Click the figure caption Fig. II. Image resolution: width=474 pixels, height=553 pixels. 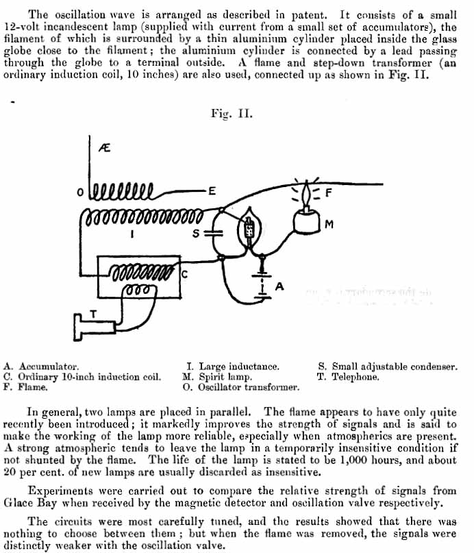click(x=232, y=114)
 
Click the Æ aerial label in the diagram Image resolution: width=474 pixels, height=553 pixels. click(x=104, y=147)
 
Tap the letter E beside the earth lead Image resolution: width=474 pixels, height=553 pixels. click(x=212, y=191)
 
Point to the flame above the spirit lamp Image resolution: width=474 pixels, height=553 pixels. click(x=306, y=194)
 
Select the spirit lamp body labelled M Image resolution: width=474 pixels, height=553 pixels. click(x=306, y=221)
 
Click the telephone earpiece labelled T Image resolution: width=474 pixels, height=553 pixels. click(x=93, y=327)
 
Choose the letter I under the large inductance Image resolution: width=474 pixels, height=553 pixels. click(x=132, y=234)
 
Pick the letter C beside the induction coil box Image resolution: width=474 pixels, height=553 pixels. click(x=184, y=274)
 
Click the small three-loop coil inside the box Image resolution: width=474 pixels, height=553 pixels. click(x=139, y=291)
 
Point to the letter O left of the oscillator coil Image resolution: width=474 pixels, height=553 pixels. click(x=80, y=192)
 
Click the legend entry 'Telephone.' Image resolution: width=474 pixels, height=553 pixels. click(x=355, y=377)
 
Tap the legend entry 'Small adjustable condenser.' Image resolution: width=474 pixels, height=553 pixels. click(x=395, y=367)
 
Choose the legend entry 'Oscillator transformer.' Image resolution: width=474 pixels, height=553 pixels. click(x=249, y=387)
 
